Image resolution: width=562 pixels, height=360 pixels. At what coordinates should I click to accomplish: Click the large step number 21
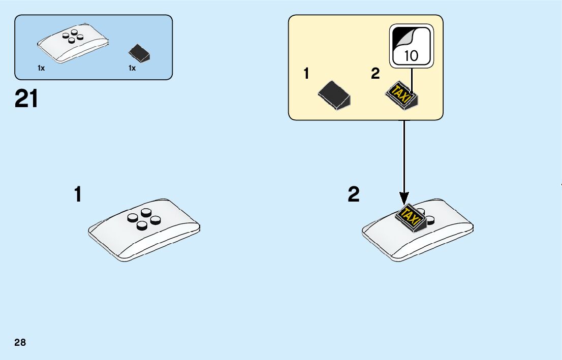tap(26, 99)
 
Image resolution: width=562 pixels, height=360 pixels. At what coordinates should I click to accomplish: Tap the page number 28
tap(20, 343)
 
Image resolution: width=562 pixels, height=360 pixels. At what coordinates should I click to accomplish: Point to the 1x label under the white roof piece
tap(41, 69)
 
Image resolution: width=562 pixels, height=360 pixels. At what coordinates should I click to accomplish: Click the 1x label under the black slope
tap(132, 69)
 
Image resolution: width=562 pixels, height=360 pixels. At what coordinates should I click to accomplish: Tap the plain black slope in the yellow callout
tap(334, 94)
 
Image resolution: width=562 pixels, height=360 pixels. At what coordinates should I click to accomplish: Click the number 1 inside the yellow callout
tap(306, 74)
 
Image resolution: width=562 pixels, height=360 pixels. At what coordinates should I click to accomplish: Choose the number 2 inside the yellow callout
tap(376, 74)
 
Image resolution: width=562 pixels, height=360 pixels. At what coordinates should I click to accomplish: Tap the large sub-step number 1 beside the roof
tap(78, 194)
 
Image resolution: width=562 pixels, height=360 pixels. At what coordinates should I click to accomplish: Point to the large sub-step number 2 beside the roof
tap(354, 194)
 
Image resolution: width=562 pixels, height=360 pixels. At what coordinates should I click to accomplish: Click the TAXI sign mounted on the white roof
tap(412, 216)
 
